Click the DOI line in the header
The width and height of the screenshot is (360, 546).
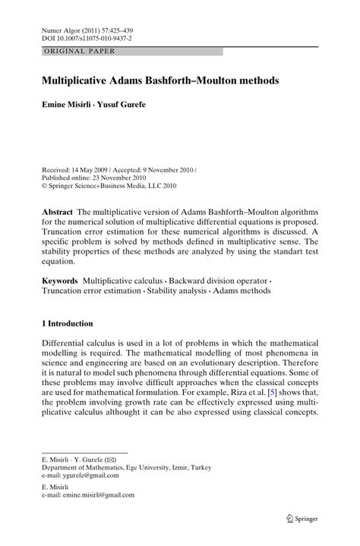tap(87, 36)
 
